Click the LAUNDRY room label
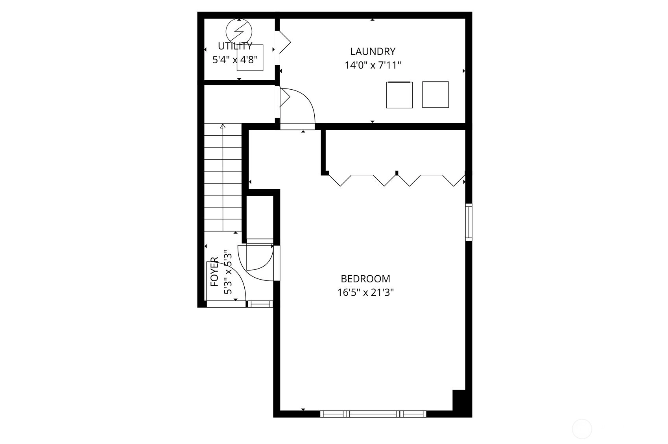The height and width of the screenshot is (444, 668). (373, 52)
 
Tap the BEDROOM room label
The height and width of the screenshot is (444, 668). (365, 279)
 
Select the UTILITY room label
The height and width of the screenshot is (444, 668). (235, 46)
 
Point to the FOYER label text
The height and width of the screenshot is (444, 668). (214, 272)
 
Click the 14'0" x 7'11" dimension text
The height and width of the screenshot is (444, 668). (373, 65)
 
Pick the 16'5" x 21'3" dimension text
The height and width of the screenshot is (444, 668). (365, 293)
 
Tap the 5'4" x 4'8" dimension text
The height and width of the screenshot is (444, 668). (235, 60)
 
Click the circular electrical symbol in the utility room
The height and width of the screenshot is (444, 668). (239, 31)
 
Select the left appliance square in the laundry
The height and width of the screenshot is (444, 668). (399, 95)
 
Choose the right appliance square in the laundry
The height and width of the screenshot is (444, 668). (435, 94)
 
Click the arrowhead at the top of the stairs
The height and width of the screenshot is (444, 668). (223, 126)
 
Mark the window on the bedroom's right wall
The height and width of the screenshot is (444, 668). (469, 222)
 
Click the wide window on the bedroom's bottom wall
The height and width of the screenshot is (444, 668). (373, 414)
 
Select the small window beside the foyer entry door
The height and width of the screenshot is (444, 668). (260, 304)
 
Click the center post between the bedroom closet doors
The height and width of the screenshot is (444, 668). (397, 173)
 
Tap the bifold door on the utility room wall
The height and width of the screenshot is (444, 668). (283, 42)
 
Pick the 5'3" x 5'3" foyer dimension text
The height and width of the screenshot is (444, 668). (228, 272)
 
